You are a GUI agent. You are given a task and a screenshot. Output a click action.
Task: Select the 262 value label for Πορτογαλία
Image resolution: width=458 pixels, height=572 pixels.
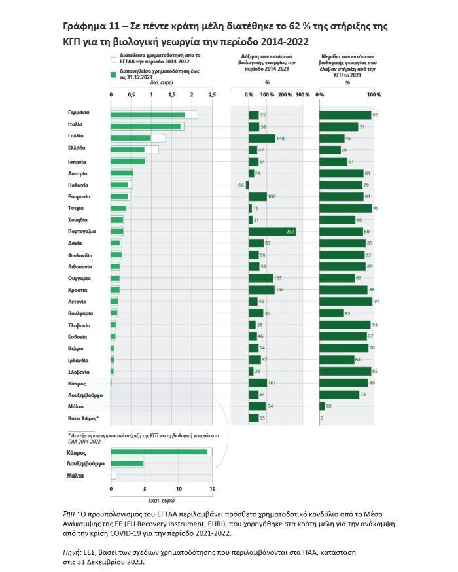point(291,232)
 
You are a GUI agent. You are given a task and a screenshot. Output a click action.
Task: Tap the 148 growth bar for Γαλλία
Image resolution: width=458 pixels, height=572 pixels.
point(262,138)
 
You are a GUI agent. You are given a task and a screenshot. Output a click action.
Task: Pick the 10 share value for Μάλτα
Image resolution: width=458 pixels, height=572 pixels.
point(329,406)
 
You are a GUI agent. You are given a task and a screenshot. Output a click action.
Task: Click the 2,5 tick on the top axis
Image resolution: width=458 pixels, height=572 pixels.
point(211,95)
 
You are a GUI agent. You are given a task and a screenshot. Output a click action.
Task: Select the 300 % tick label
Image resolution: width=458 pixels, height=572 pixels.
point(302,95)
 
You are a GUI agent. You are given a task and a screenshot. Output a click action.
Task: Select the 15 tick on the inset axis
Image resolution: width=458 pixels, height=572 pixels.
point(212,489)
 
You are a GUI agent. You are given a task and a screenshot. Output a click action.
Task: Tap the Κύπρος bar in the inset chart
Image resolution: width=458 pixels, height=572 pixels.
point(159,452)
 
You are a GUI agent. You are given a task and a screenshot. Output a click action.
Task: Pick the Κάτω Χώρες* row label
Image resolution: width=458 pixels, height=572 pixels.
point(83,418)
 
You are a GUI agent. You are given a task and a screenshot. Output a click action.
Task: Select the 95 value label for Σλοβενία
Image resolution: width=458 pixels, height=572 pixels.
point(376,372)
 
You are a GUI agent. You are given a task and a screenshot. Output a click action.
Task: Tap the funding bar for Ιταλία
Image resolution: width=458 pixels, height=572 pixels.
point(146,126)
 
